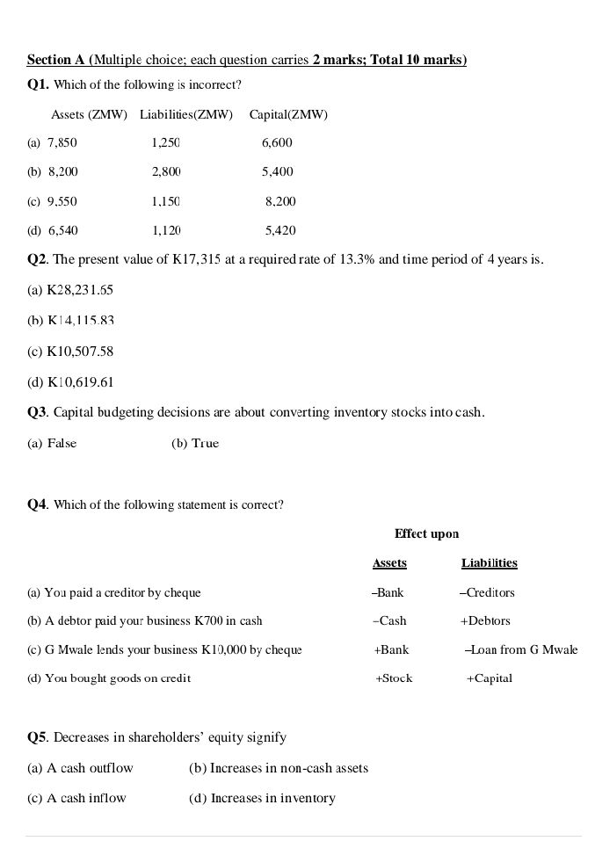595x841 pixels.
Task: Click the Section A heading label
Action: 56,60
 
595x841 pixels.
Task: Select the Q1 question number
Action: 39,85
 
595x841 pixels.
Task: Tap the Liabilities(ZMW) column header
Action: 186,115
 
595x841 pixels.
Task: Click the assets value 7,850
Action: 62,142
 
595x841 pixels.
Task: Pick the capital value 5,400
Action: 277,171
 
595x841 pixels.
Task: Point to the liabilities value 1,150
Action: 166,201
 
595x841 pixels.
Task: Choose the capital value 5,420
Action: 280,230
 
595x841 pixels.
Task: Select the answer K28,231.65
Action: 80,290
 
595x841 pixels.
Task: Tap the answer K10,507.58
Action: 80,352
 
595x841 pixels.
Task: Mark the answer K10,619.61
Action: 80,382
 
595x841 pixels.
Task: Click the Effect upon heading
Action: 426,533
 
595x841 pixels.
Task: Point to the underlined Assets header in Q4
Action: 389,562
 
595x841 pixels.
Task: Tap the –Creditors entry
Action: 487,592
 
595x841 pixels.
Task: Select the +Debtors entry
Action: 485,620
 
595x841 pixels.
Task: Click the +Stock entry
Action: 394,678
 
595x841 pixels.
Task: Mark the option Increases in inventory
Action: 272,798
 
